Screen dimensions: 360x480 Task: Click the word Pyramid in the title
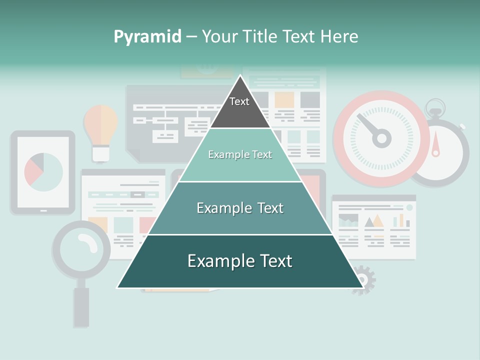tap(147, 36)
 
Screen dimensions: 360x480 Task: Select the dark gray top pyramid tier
tap(239, 107)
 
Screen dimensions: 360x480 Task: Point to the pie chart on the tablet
tap(43, 172)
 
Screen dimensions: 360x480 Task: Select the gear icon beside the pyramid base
tap(364, 279)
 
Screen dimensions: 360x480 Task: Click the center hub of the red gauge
tap(381, 137)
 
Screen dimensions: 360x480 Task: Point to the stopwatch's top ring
tap(434, 106)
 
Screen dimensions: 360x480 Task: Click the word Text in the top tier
tap(239, 101)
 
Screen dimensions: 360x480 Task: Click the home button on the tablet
tap(43, 211)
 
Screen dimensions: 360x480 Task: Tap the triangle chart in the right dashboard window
tap(373, 220)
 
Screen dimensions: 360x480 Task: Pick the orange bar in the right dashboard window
tap(401, 220)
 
